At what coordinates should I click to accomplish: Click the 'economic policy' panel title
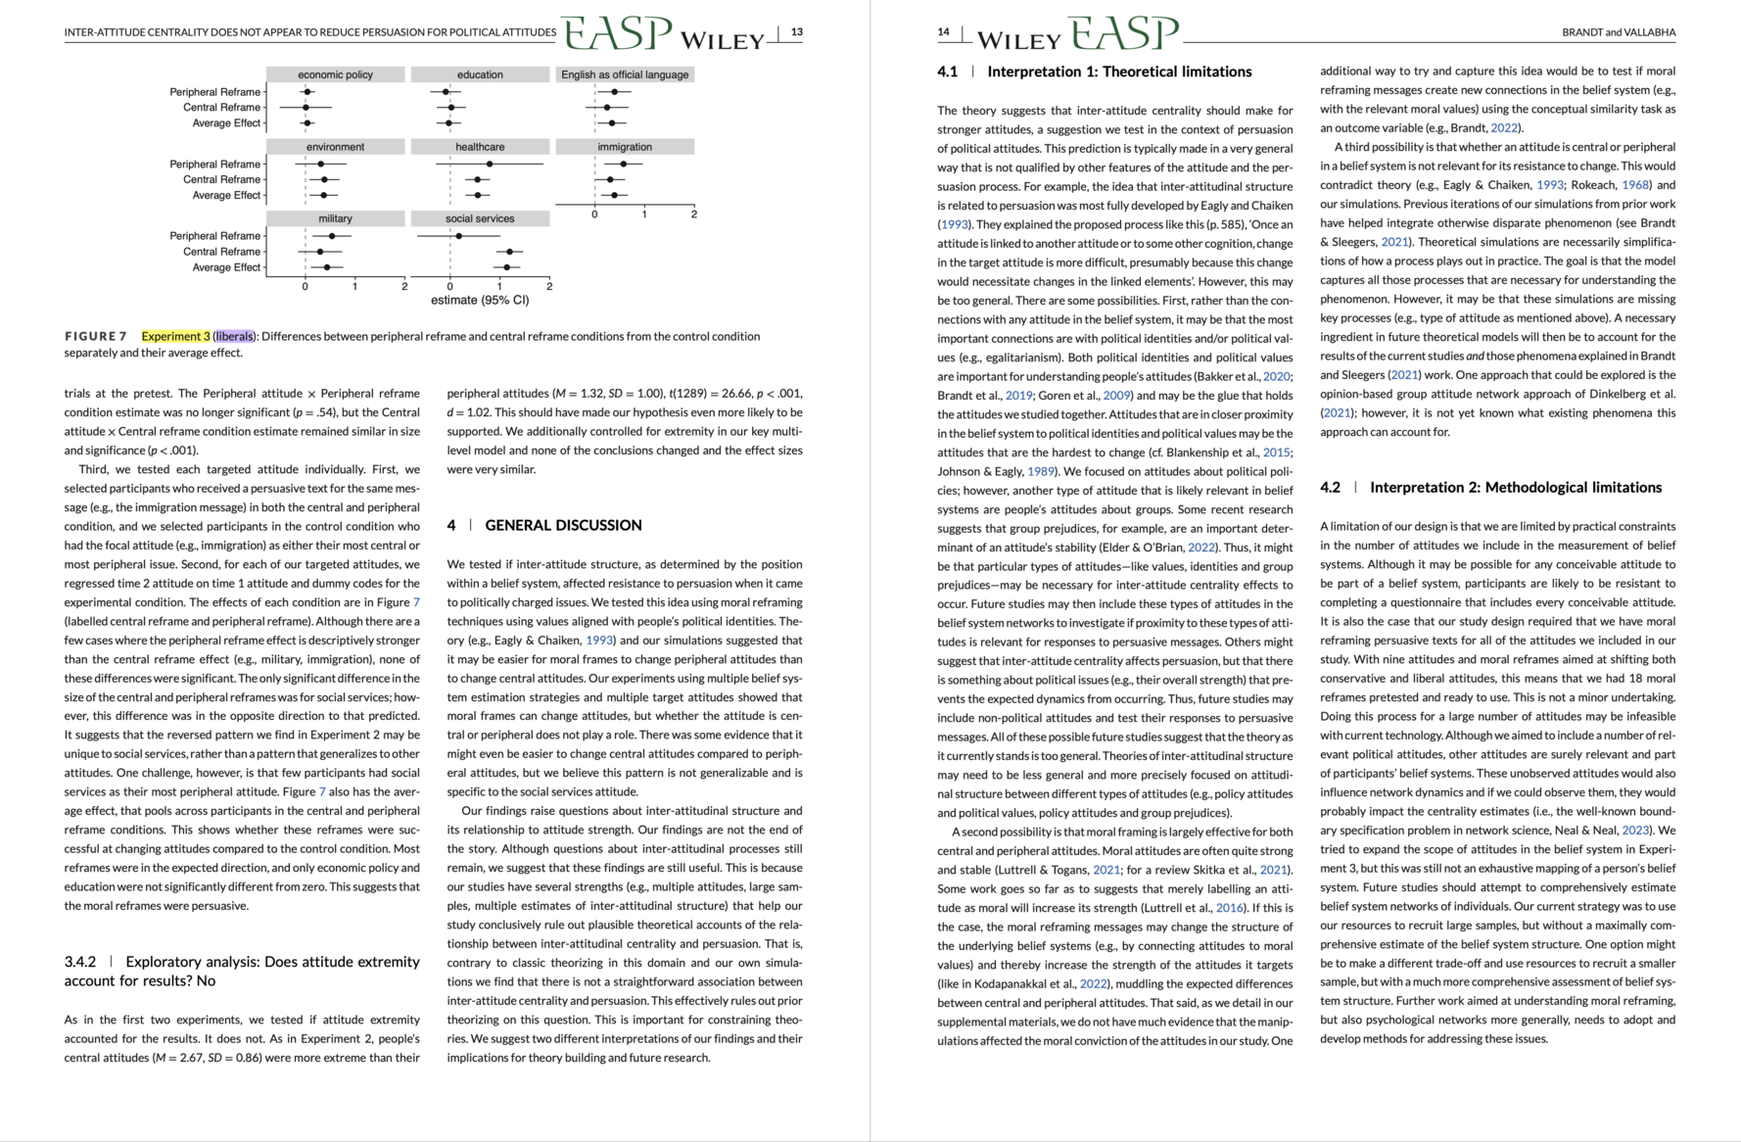335,74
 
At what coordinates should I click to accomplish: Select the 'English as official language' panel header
625,74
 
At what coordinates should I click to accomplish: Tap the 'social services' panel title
480,218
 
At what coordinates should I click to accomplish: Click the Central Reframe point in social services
509,252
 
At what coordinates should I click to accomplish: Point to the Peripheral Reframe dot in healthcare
490,164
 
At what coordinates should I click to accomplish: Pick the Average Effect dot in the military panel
327,267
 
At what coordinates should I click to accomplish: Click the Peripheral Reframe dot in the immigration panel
623,164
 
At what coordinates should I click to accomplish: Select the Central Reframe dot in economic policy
306,108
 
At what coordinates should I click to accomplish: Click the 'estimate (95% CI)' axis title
480,300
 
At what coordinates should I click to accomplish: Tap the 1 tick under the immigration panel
644,214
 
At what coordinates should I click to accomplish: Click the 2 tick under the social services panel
549,286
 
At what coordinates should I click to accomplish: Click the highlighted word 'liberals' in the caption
234,337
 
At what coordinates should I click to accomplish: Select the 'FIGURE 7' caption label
96,337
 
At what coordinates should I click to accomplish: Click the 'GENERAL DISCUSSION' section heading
563,526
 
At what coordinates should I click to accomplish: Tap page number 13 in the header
797,32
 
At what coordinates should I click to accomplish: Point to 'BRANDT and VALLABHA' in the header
1618,32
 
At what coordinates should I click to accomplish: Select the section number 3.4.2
80,962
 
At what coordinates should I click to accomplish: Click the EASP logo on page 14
1123,34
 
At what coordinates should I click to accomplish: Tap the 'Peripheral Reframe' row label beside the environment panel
214,164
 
